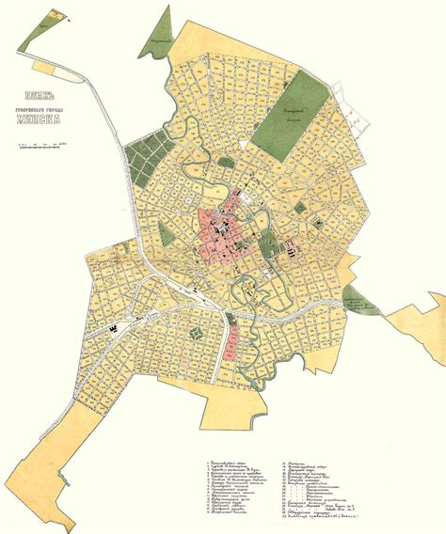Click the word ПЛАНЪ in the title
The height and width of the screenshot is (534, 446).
tap(45, 94)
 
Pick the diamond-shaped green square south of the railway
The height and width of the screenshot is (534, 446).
tap(199, 334)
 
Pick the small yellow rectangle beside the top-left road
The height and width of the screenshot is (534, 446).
tap(42, 68)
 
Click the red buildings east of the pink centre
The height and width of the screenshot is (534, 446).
tap(288, 248)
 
